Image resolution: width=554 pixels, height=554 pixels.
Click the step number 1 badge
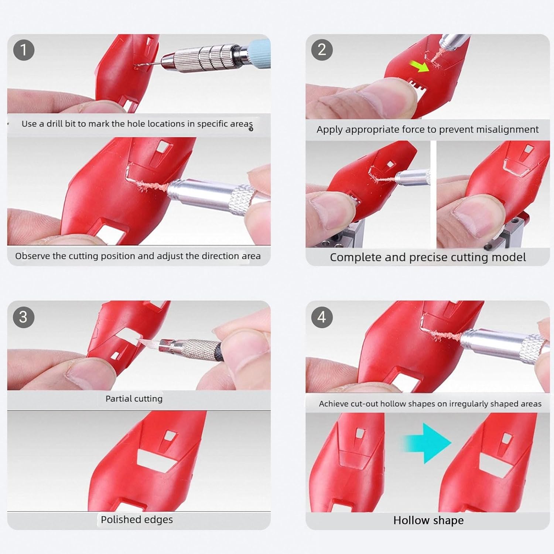pyautogui.click(x=24, y=50)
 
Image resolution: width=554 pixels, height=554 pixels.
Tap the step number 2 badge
pyautogui.click(x=322, y=50)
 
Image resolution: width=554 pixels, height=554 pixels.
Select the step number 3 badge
pyautogui.click(x=24, y=317)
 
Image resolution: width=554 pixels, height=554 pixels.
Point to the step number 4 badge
pyautogui.click(x=322, y=317)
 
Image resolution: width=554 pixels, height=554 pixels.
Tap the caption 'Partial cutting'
pyautogui.click(x=134, y=399)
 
